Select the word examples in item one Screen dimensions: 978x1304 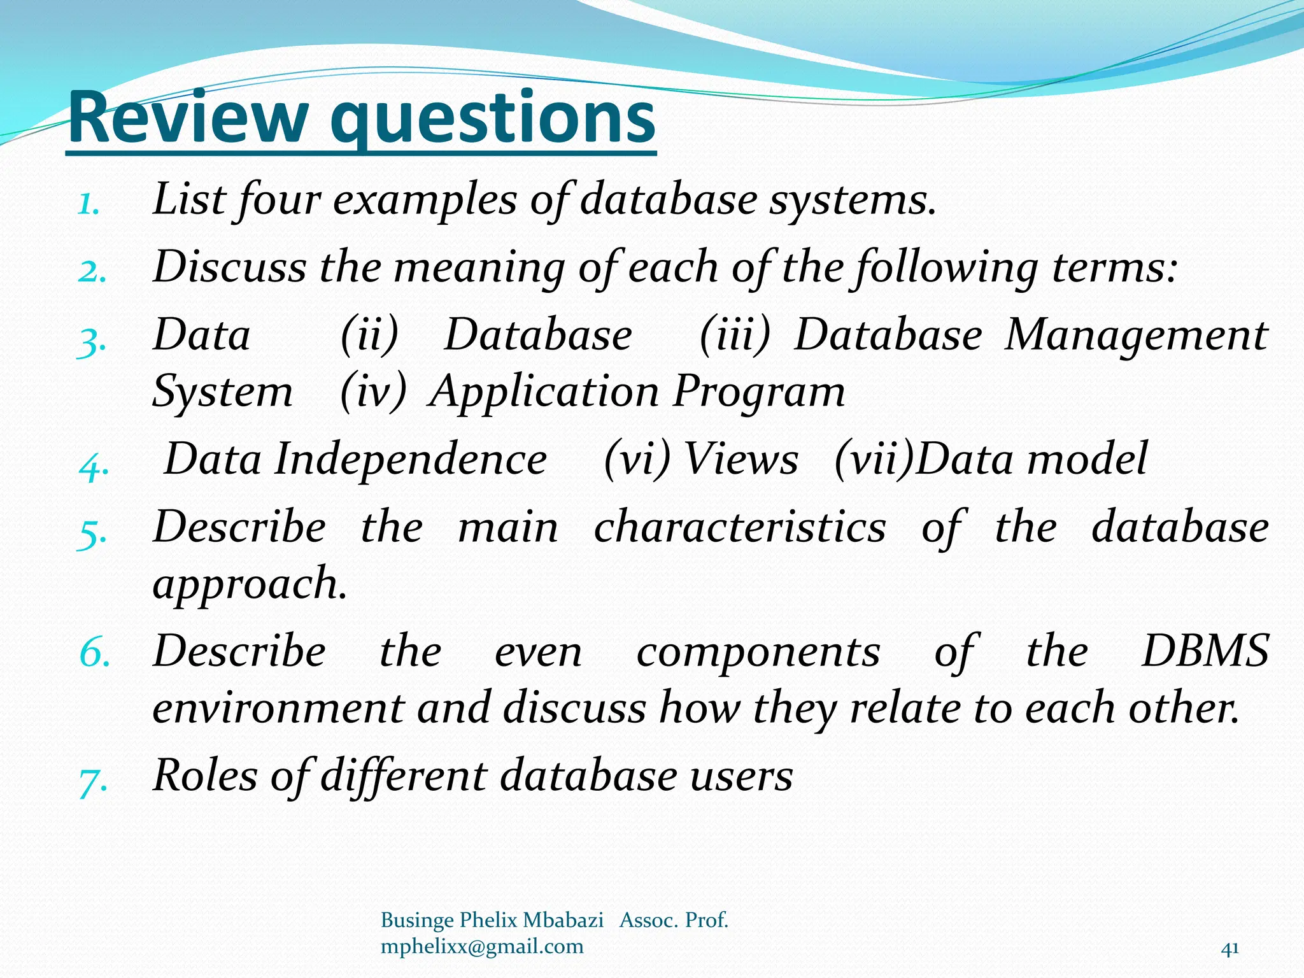pos(425,201)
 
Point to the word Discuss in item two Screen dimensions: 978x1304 pos(230,267)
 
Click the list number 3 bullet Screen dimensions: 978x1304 pos(90,343)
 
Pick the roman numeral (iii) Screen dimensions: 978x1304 pos(734,335)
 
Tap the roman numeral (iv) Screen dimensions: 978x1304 pos(373,392)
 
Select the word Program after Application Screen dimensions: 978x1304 pos(759,392)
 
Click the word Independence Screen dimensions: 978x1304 pos(411,460)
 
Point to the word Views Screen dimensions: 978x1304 pos(741,460)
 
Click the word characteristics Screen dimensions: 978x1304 pos(740,528)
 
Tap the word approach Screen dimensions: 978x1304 pos(250,584)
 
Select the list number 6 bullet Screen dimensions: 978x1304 pos(94,653)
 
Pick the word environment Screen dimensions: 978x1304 pos(278,709)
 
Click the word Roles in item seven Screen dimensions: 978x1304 pos(206,776)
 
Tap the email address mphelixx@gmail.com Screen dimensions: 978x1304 pos(482,947)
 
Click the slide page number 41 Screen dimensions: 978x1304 pos(1230,949)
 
